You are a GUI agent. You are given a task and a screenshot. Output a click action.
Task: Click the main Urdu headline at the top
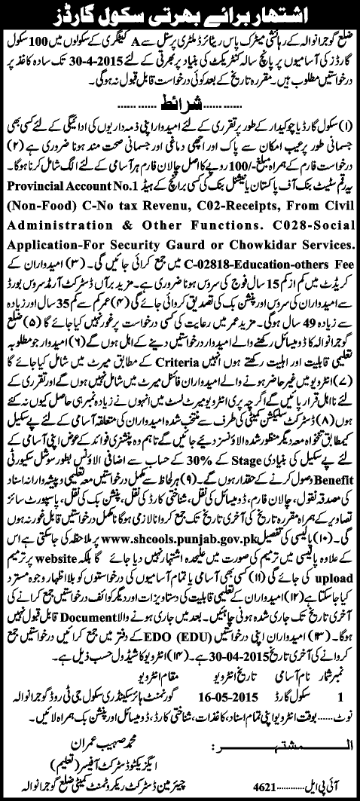pyautogui.click(x=179, y=14)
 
